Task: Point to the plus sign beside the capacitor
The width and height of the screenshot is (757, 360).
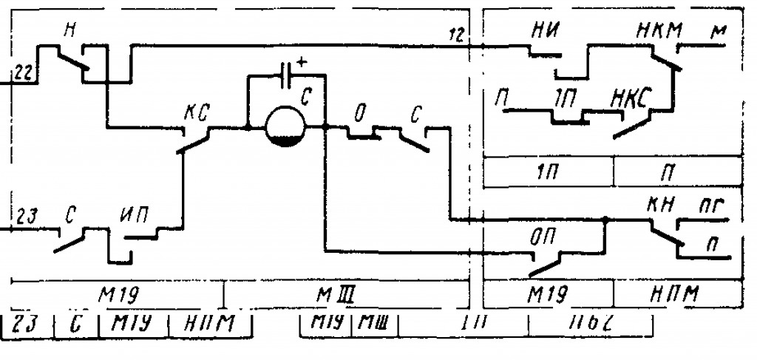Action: [302, 61]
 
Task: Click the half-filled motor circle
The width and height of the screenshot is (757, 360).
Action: [285, 125]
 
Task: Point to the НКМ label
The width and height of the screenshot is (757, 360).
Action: [659, 31]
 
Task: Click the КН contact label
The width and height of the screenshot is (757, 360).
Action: [662, 203]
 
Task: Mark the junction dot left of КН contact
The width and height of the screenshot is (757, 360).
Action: [605, 220]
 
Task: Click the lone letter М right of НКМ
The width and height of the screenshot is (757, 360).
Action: [717, 33]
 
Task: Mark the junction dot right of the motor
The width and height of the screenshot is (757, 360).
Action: [325, 127]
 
